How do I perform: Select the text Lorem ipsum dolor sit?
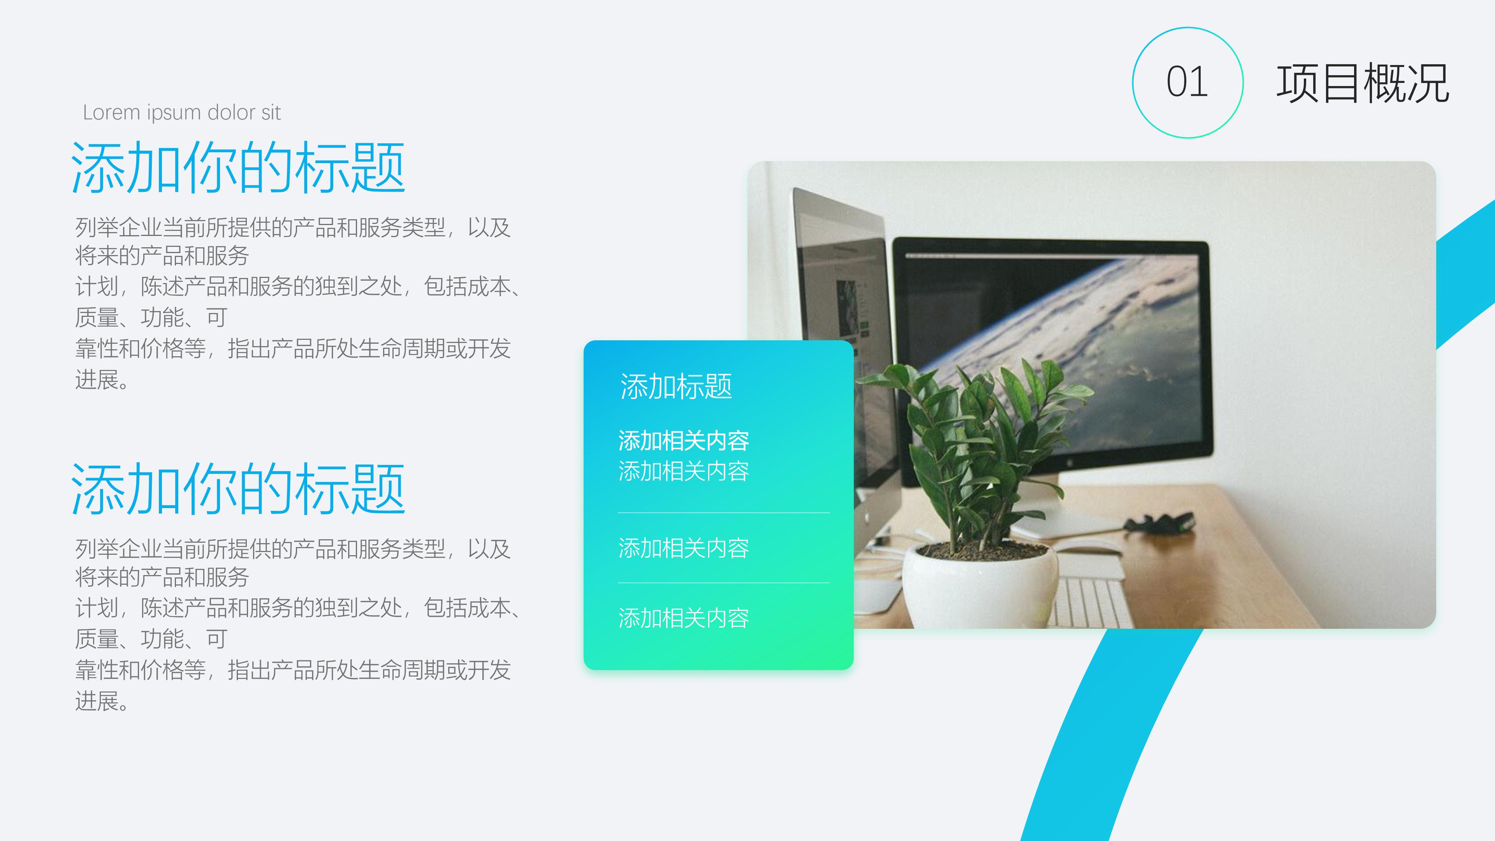click(182, 113)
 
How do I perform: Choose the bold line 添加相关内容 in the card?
click(684, 440)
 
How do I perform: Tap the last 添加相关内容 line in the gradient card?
click(684, 618)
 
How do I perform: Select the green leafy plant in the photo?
click(975, 441)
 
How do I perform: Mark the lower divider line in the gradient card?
click(723, 583)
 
